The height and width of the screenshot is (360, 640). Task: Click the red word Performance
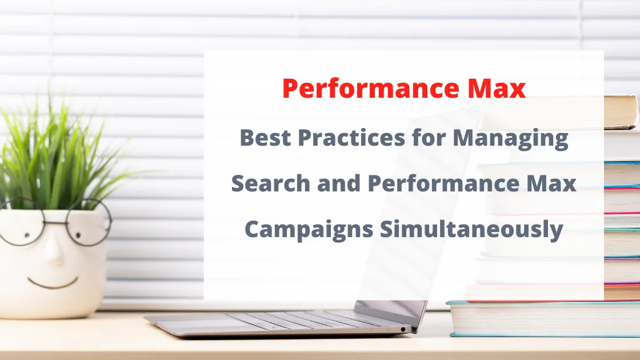[366, 89]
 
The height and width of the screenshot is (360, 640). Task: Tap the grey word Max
[553, 183]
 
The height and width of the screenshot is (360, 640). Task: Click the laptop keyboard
[297, 319]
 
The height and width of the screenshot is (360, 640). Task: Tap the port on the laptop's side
[404, 330]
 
